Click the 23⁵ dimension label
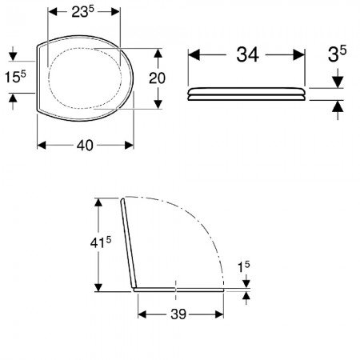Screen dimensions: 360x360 tap(83, 11)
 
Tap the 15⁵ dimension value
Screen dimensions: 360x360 tap(15, 77)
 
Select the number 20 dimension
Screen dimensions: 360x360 tap(157, 78)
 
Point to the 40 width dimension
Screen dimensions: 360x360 tap(85, 146)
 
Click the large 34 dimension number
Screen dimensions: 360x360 tap(248, 54)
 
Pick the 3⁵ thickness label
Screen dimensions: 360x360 tap(337, 54)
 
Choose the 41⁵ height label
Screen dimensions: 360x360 tap(101, 242)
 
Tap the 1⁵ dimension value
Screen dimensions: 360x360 tap(244, 267)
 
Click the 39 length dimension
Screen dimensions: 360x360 tap(178, 314)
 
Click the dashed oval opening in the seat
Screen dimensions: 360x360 tap(49, 78)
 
